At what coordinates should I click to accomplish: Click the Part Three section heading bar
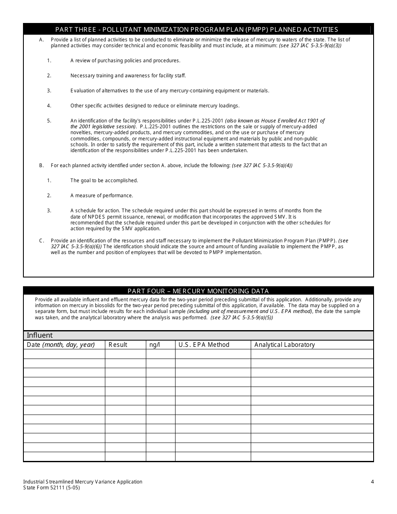pos(197,29)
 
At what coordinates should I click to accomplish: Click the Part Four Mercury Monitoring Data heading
pos(198,291)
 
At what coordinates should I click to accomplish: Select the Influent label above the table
pos(40,335)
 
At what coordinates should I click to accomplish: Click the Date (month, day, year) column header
pos(61,345)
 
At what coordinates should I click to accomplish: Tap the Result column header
pos(118,345)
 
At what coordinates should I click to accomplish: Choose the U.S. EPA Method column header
pos(204,345)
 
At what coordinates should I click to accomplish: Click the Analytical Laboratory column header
pos(285,345)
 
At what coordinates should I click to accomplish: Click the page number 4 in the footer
pos(372,481)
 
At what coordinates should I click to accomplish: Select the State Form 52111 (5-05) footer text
pos(51,487)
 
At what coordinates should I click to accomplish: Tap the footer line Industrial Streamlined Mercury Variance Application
pos(83,481)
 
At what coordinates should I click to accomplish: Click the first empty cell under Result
pos(125,354)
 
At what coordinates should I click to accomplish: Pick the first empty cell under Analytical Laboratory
pos(312,354)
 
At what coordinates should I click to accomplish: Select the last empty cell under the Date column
pos(64,456)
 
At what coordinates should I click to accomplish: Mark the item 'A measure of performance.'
pos(102,196)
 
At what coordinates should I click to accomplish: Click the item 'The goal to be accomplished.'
pos(104,181)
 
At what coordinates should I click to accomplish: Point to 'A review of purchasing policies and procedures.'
pos(125,61)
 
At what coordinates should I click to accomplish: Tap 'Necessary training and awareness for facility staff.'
pos(128,76)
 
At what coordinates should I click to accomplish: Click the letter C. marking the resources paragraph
pos(41,241)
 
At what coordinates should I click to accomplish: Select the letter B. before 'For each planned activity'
pos(41,165)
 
